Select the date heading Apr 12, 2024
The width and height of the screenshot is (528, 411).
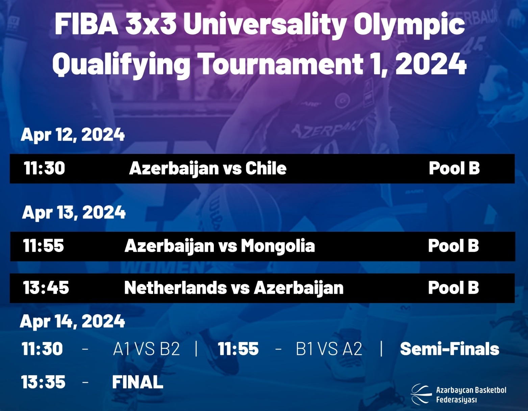73,135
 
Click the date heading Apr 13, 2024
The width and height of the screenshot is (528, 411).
74,212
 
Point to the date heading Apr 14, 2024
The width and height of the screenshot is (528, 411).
72,321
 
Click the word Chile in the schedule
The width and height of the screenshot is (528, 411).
266,168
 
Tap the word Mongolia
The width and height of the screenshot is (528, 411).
278,246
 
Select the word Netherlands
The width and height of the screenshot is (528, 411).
175,288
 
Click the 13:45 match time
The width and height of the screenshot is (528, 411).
46,288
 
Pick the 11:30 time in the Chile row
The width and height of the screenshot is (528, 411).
44,168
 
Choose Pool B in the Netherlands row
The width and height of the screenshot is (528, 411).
453,288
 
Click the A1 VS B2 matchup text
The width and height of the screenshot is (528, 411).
147,349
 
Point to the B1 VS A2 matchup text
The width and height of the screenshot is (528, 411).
329,349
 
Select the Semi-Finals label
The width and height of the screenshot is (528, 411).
450,349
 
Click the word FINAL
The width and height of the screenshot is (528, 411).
137,382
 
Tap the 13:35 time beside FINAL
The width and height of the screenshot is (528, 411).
43,382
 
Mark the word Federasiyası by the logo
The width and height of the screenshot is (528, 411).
456,400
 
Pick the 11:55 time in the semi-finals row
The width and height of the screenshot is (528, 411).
238,349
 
